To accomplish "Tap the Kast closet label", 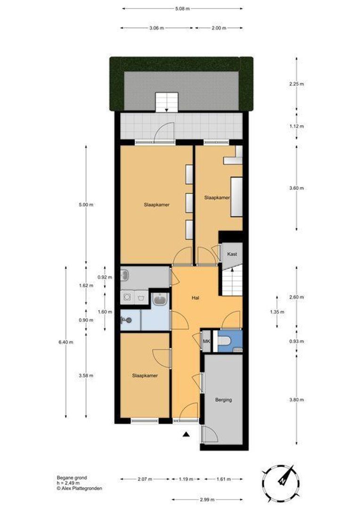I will (232, 254).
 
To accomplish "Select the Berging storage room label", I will (223, 400).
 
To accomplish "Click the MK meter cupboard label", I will (206, 341).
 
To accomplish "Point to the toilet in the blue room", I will (227, 339).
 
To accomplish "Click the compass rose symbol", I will (281, 481).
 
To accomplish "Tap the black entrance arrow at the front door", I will (187, 435).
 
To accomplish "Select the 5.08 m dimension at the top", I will (182, 8).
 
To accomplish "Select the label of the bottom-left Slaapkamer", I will (145, 376).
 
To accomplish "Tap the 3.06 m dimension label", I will (156, 28).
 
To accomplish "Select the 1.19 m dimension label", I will (186, 479).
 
